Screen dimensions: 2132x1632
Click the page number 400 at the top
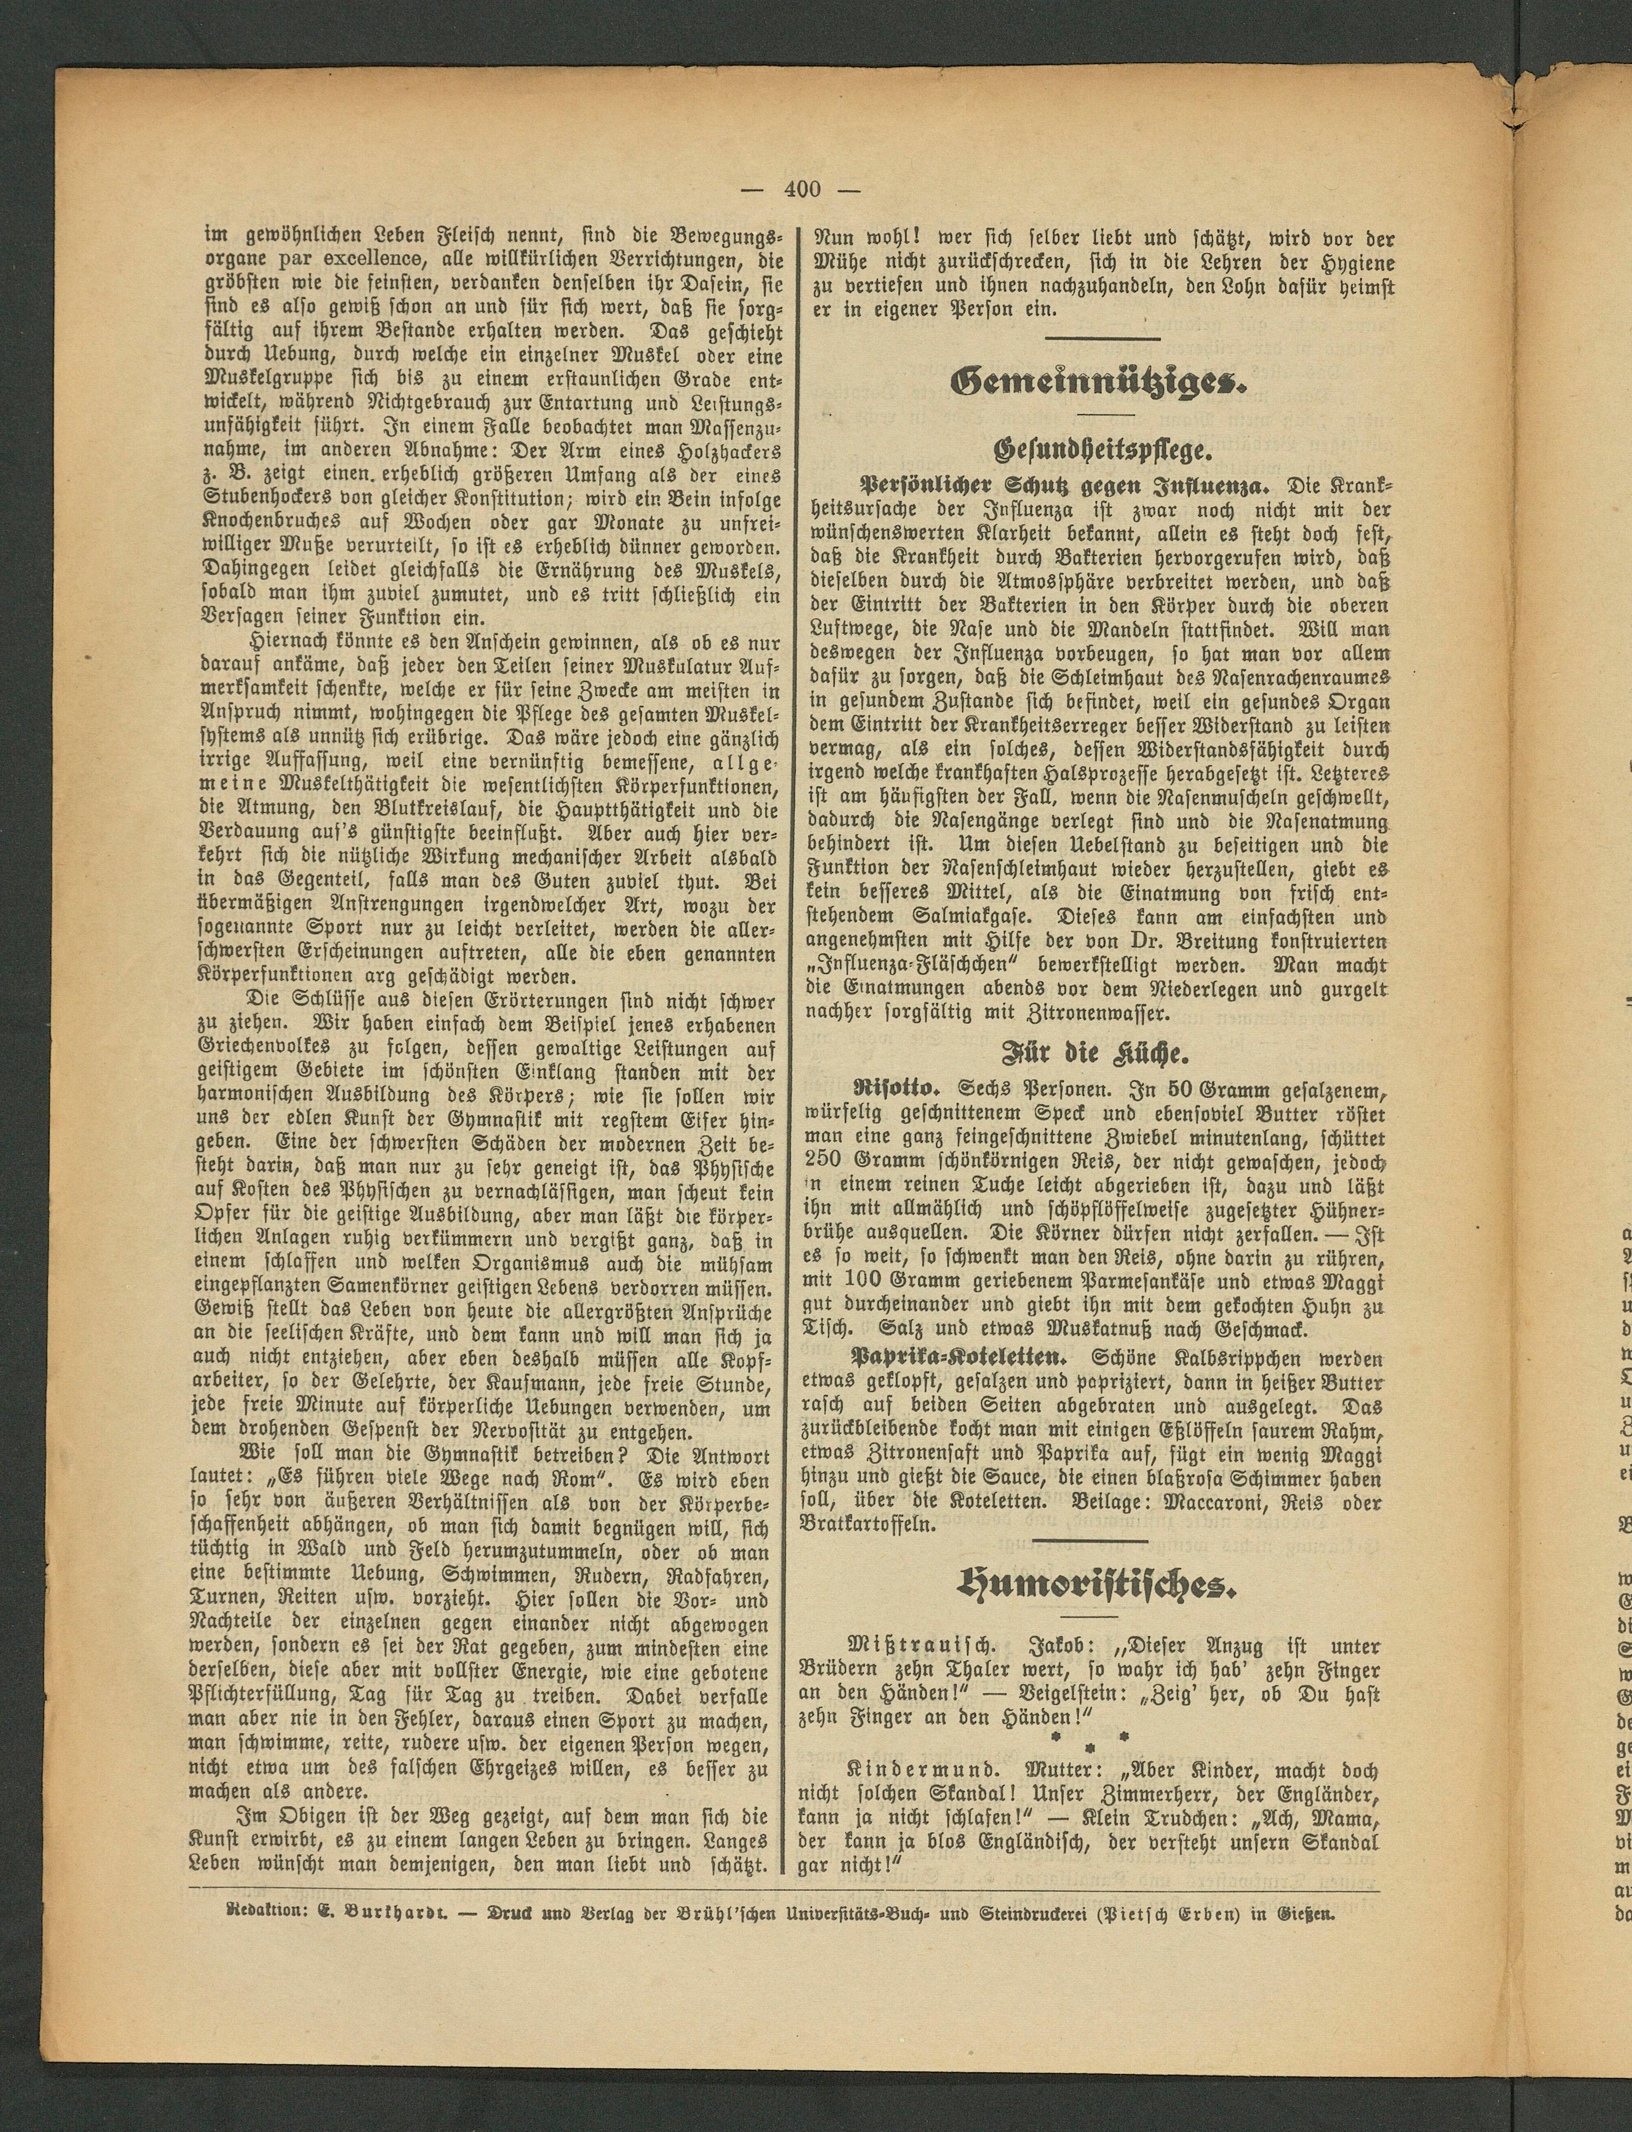click(802, 189)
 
